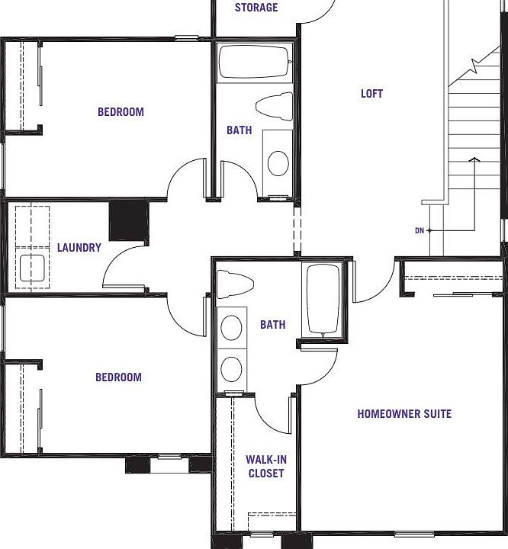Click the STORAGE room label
(x=256, y=8)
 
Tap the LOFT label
(x=371, y=94)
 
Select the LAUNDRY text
(x=79, y=248)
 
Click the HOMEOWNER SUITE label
(x=404, y=414)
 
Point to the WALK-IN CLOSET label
(x=265, y=467)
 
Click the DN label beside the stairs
(x=419, y=230)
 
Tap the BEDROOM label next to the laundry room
(x=118, y=377)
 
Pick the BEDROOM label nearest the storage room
(x=121, y=112)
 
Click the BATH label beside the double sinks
(x=272, y=325)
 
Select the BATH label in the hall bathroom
(x=239, y=130)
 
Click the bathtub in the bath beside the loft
(x=254, y=63)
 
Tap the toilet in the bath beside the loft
(x=275, y=104)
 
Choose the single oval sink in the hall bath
(x=278, y=162)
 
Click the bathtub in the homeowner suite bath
(x=323, y=299)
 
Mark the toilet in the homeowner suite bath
(x=230, y=284)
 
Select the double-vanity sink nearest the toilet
(x=231, y=328)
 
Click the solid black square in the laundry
(x=128, y=220)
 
